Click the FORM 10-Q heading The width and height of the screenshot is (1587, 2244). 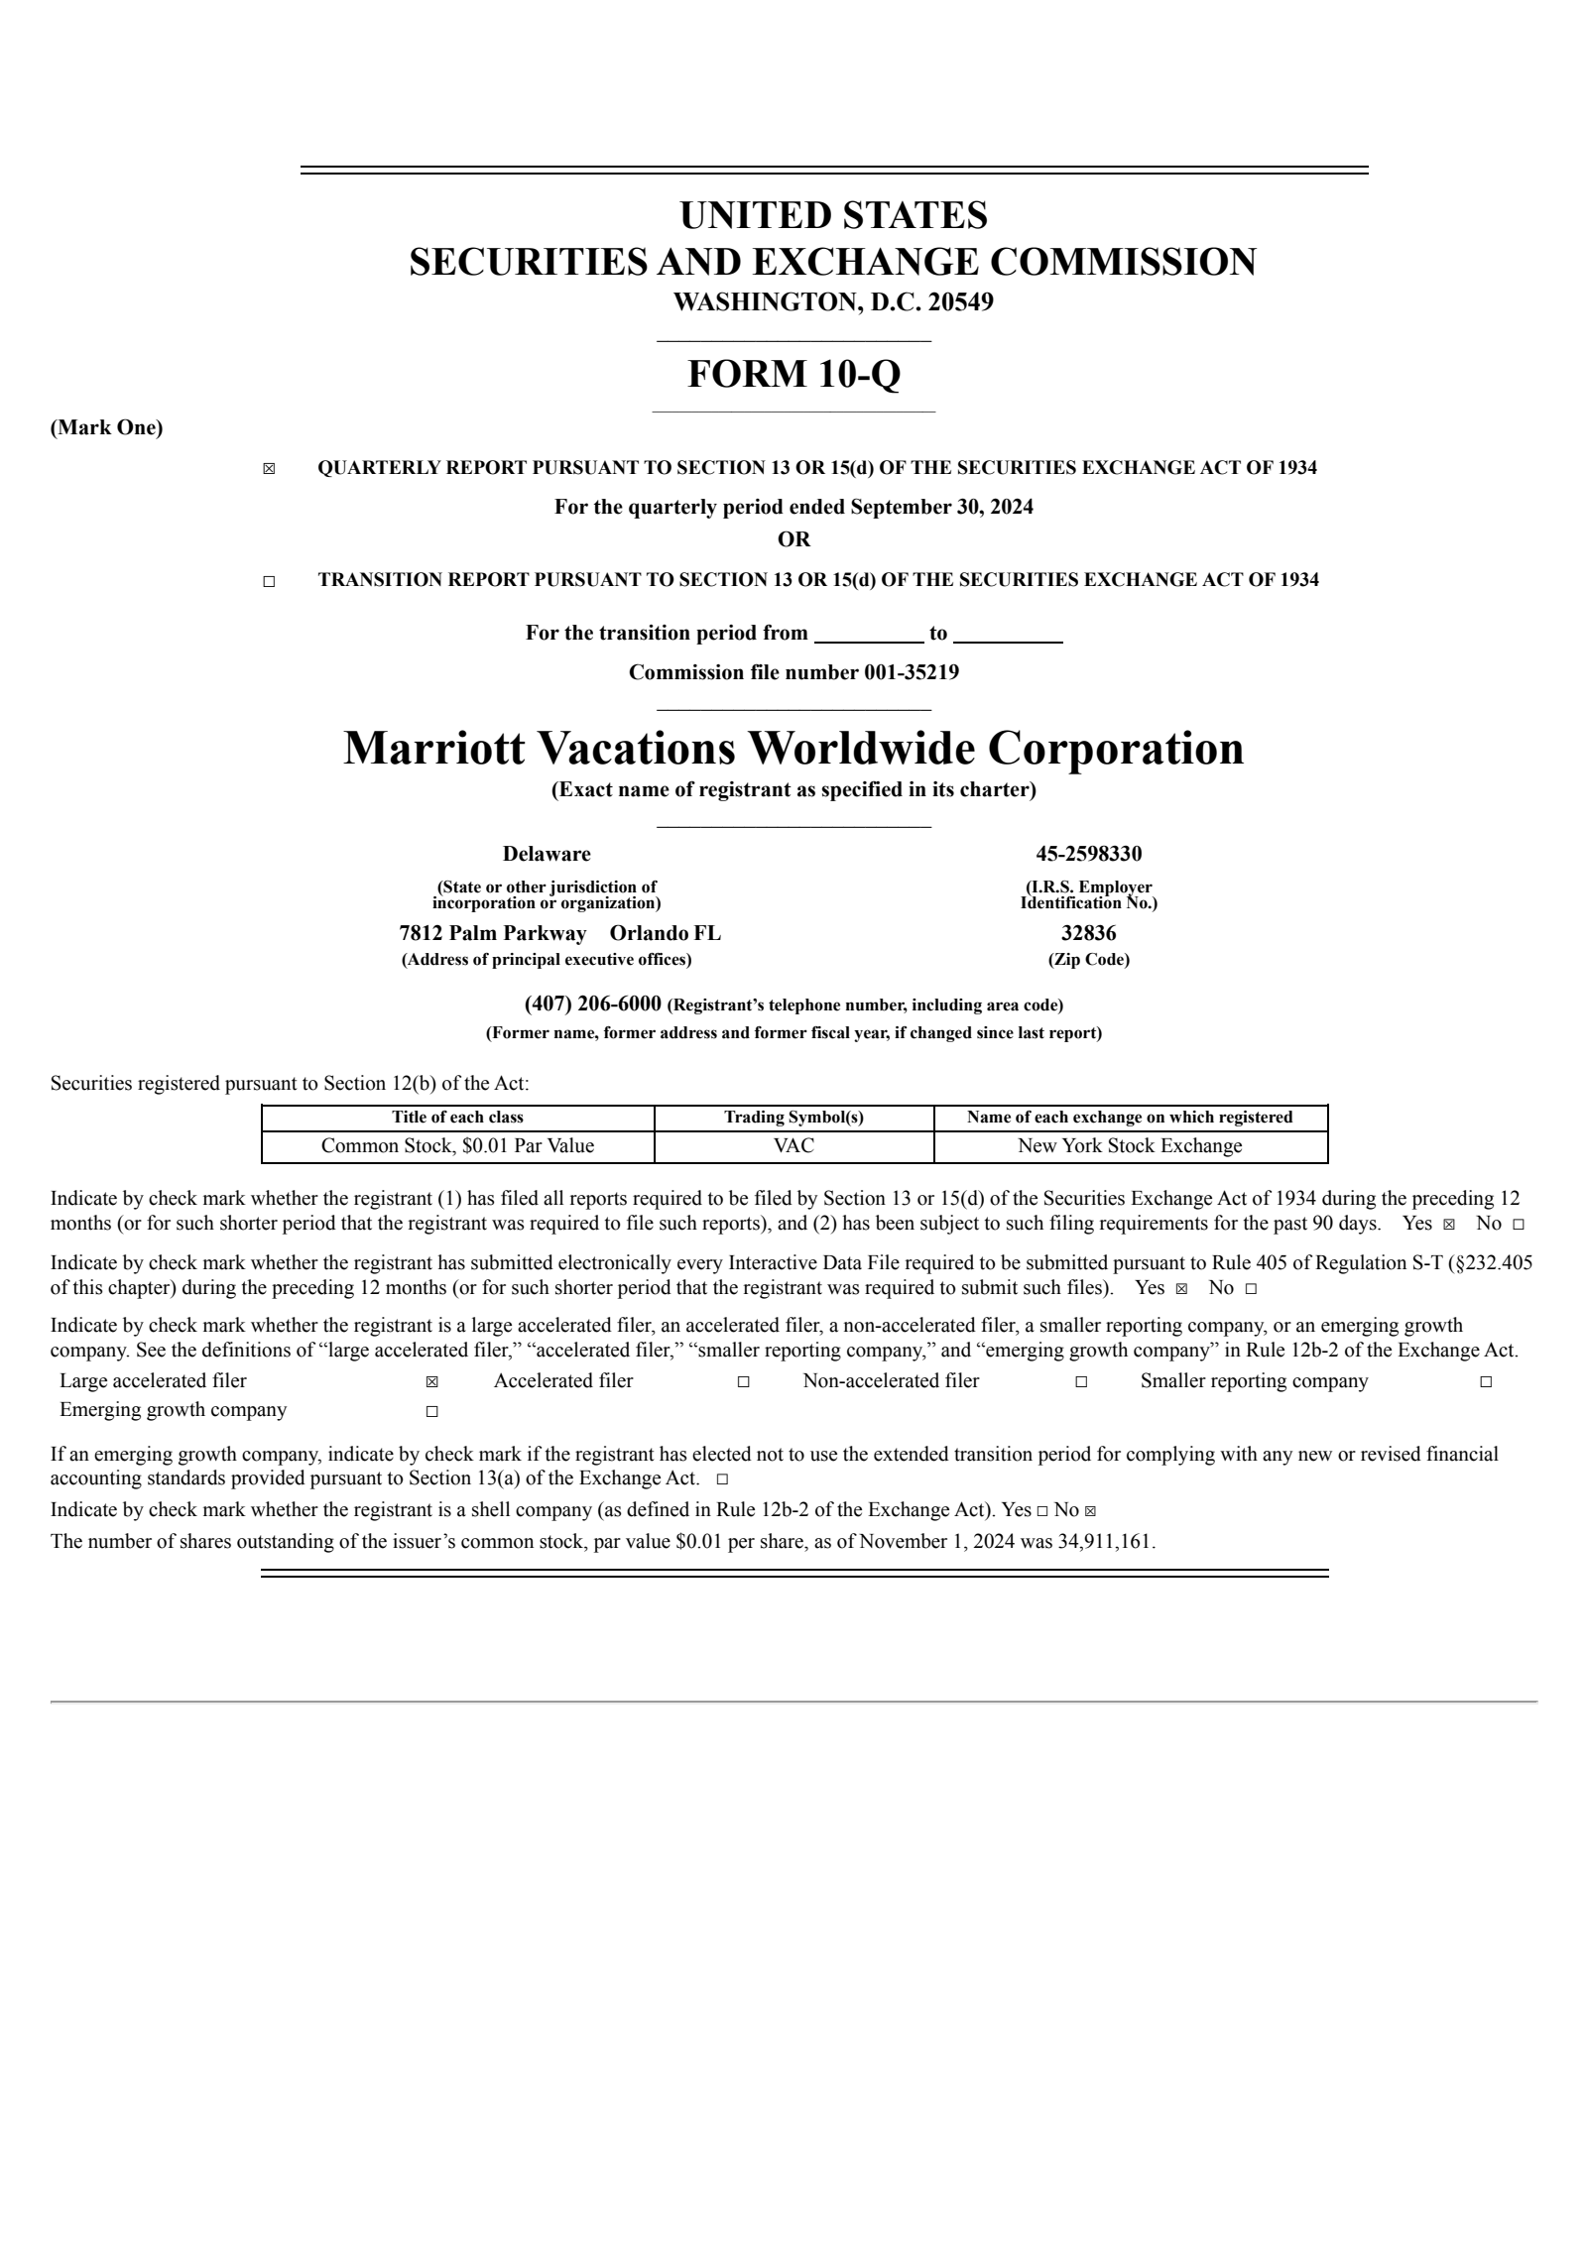793,375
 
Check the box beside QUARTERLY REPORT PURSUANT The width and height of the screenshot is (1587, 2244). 269,469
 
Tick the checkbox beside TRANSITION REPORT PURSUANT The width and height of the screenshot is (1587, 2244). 269,582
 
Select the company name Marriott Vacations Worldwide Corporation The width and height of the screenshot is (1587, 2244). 793,748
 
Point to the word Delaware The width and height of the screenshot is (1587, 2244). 546,854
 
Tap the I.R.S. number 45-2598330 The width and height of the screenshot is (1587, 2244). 1088,854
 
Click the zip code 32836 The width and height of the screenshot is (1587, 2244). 1088,933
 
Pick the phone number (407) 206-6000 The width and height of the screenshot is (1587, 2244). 592,1004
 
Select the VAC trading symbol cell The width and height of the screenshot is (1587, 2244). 793,1146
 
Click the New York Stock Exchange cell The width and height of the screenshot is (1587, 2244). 1130,1146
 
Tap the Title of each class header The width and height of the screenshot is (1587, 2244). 457,1118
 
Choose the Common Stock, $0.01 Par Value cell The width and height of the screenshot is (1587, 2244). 457,1146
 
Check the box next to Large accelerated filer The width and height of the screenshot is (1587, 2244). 431,1382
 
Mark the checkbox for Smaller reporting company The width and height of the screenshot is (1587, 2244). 1486,1382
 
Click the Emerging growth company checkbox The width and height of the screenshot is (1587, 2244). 431,1411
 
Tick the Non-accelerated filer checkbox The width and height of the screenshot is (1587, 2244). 1081,1382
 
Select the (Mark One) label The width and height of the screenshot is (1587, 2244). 107,428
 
